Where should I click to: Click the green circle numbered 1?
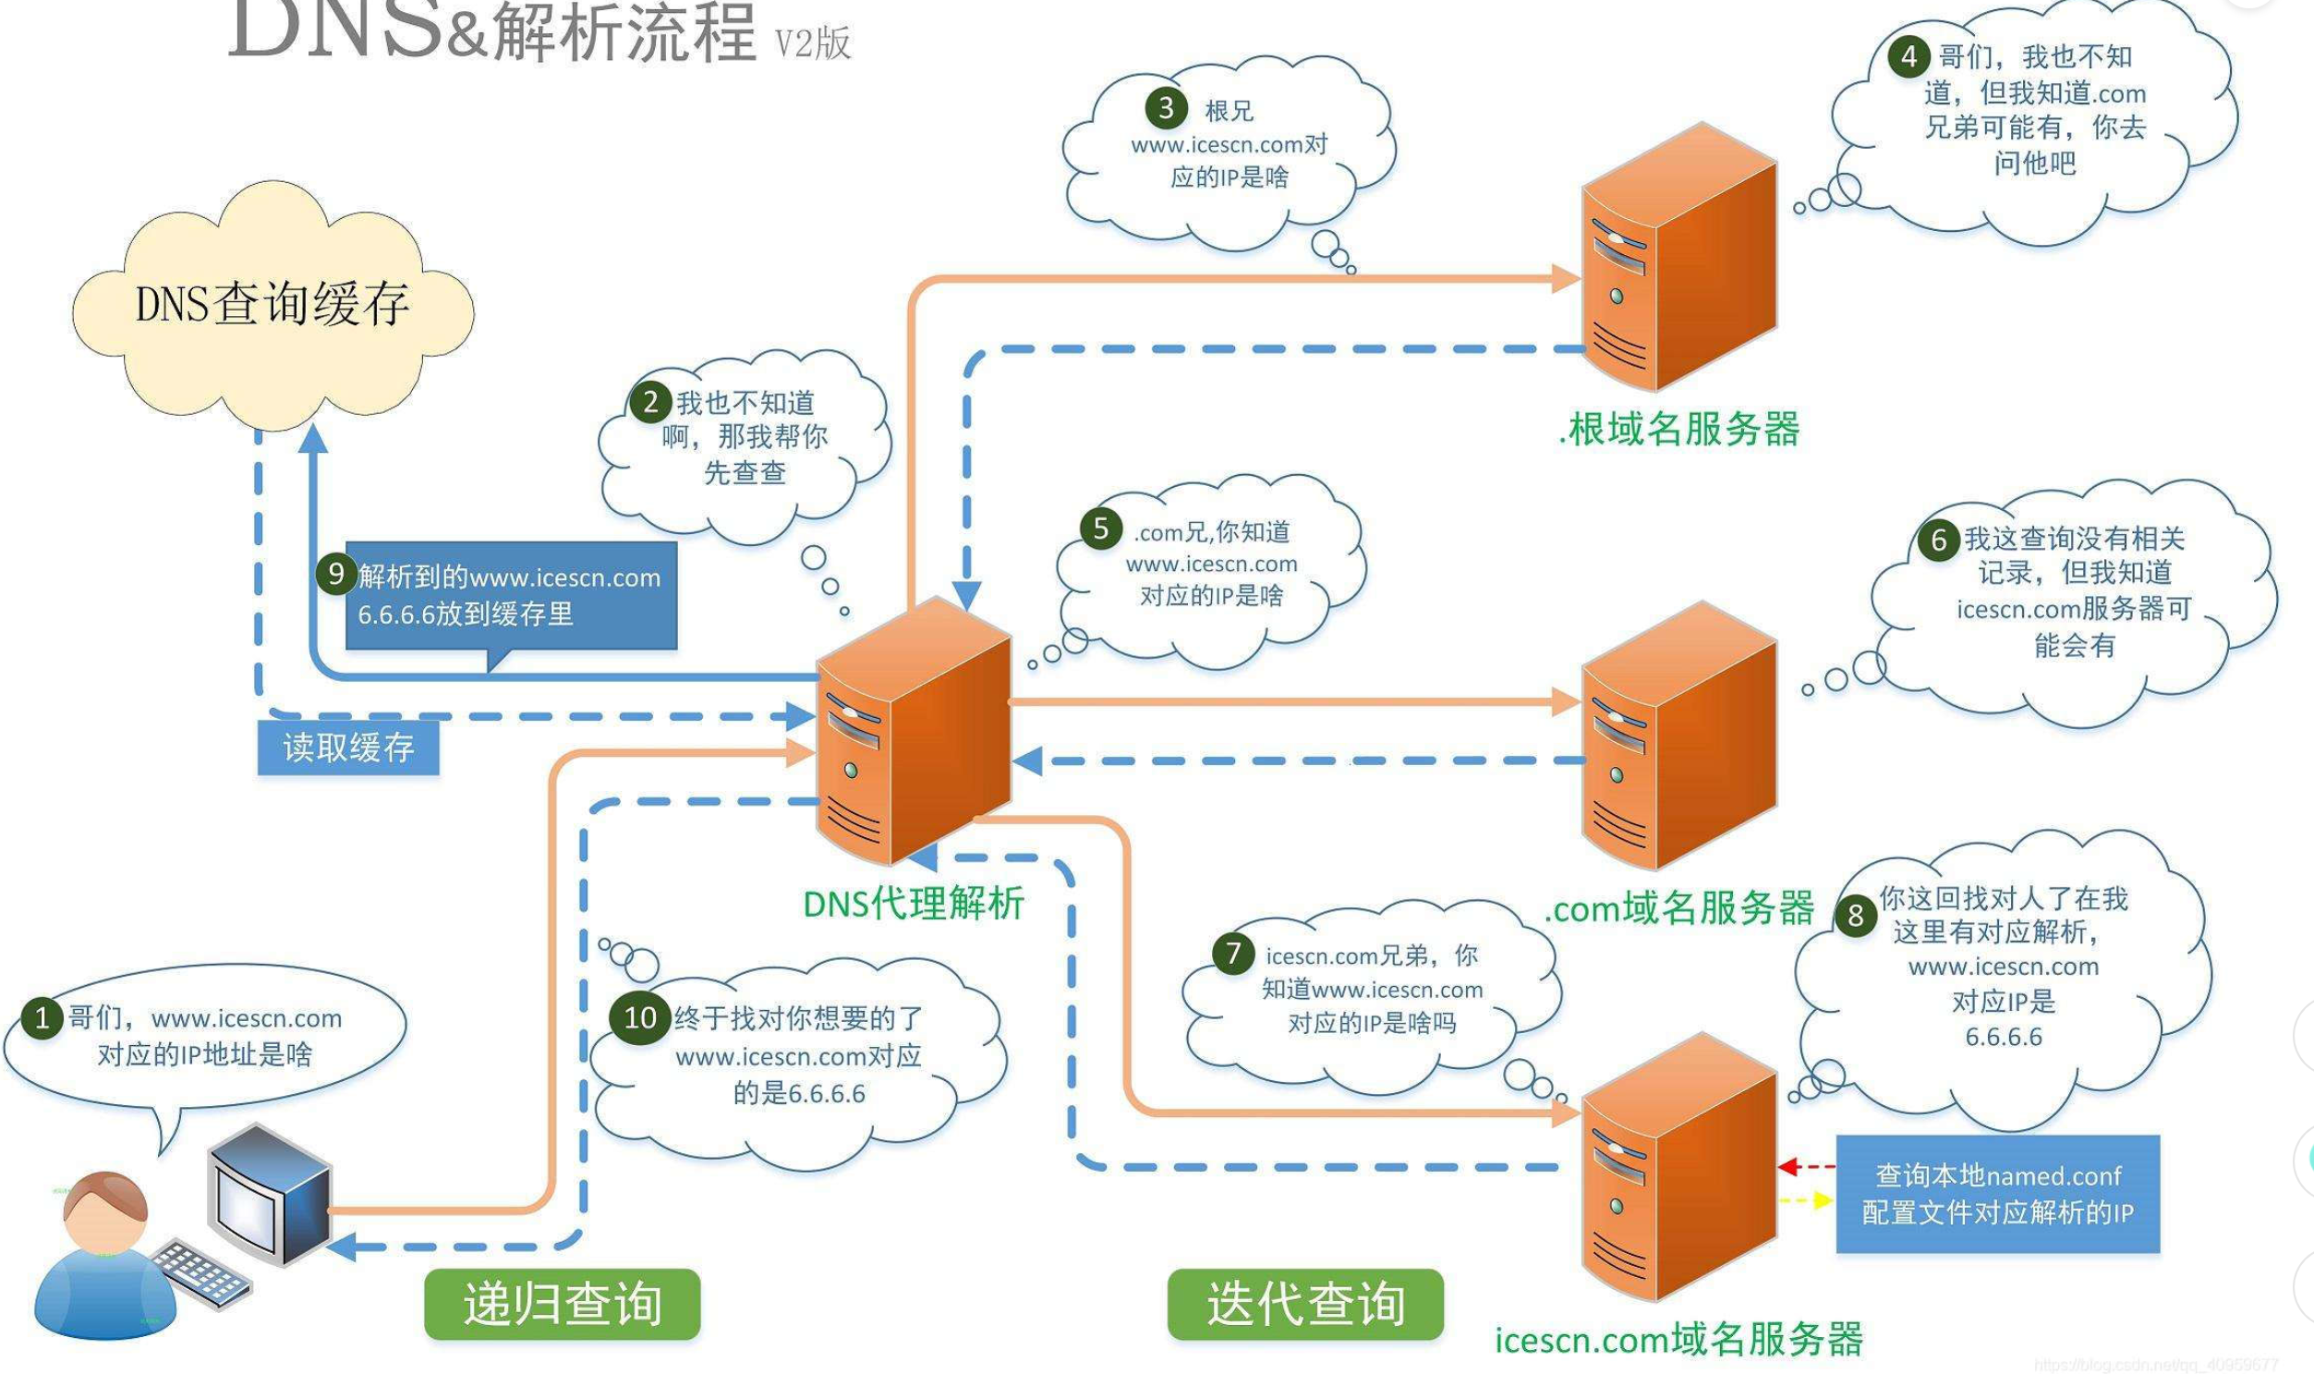[42, 1019]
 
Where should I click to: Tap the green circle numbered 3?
[1166, 108]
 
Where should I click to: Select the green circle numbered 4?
[1908, 56]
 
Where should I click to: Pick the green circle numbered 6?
[1939, 539]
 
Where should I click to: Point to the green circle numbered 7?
[1233, 953]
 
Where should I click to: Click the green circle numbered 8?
[1855, 916]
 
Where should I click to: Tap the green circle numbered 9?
[336, 574]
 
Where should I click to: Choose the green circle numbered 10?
[639, 1018]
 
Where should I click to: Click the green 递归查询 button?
[562, 1304]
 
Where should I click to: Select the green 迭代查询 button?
[1305, 1304]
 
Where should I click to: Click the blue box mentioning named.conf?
[1997, 1195]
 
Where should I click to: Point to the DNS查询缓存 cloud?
[273, 306]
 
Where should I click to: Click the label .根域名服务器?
[1679, 430]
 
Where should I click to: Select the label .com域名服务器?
[1679, 908]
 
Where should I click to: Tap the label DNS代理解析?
[914, 903]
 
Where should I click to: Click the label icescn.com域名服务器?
[1679, 1339]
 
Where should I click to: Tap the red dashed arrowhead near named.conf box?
[1787, 1167]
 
